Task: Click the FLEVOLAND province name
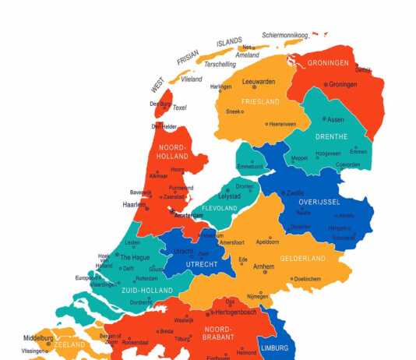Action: tap(220, 208)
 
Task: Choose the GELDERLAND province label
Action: tap(302, 258)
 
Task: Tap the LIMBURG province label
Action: tap(273, 347)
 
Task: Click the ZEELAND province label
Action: tap(69, 344)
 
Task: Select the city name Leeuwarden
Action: tap(259, 81)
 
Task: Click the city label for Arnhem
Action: tap(263, 266)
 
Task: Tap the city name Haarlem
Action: tap(135, 205)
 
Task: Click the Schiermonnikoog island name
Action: tap(285, 35)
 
